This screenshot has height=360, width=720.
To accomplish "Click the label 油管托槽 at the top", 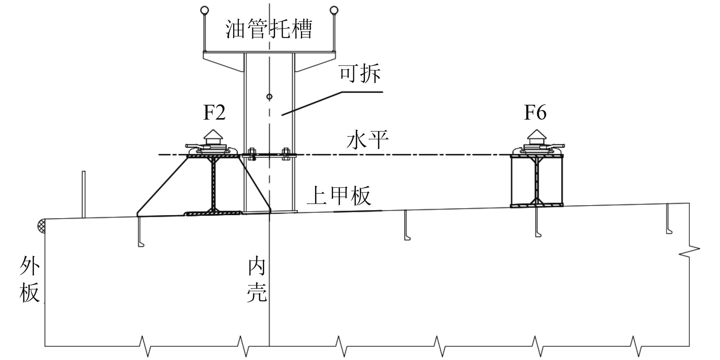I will [x=269, y=30].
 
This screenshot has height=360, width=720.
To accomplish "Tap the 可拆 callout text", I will [x=360, y=74].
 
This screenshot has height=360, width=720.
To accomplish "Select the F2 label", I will [x=214, y=113].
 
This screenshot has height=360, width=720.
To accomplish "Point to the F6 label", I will [x=535, y=113].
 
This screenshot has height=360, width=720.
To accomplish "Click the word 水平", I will [x=367, y=141].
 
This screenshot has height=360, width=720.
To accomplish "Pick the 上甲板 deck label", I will [x=339, y=196].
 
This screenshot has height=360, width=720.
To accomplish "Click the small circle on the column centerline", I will [x=269, y=97].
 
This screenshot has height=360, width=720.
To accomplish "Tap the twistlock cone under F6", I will [x=536, y=135].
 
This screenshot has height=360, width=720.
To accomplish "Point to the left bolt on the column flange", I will [x=251, y=155].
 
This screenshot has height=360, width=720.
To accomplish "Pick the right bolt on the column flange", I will [x=285, y=155].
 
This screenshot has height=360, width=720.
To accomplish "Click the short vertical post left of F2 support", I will [x=83, y=194].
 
